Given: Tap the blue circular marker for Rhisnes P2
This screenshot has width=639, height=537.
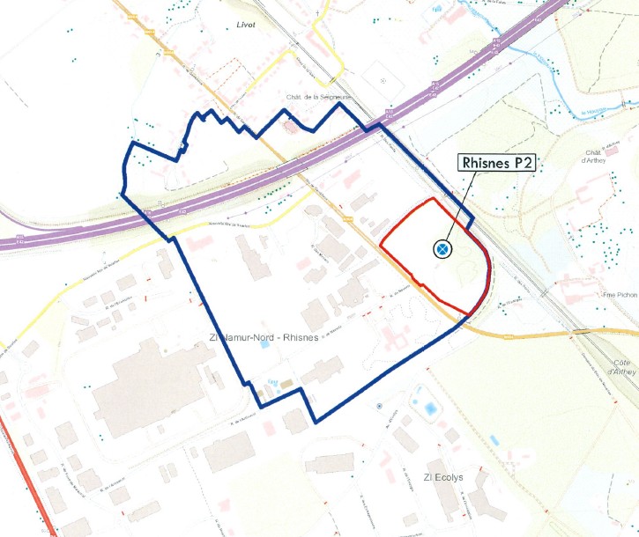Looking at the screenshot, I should tap(442, 250).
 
